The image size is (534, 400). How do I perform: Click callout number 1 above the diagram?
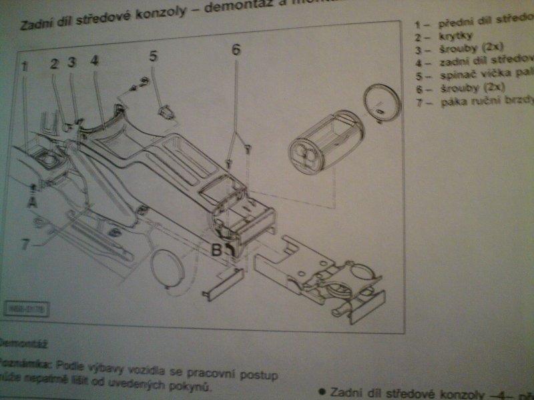tap(24, 66)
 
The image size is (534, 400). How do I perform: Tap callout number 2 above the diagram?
tap(54, 64)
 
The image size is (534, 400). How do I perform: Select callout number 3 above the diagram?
tap(72, 63)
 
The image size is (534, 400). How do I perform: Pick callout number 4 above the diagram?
tap(94, 61)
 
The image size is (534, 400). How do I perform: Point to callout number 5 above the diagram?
tap(153, 56)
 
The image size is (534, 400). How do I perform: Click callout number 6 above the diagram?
tap(236, 49)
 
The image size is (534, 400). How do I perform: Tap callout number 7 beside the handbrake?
tap(25, 245)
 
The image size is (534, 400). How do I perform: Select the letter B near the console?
tap(217, 251)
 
